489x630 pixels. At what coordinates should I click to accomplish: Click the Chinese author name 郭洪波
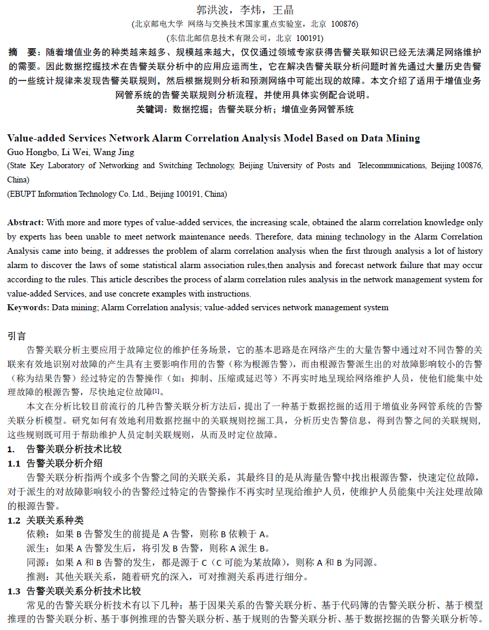point(211,10)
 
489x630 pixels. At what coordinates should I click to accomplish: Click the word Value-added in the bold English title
point(37,138)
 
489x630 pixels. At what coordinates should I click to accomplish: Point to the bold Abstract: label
point(26,222)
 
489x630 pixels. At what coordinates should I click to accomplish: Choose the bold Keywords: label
point(28,307)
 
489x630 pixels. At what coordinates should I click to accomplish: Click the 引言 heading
point(17,336)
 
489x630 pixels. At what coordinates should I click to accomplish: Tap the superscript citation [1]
point(156,390)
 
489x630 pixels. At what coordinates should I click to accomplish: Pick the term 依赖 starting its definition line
point(35,534)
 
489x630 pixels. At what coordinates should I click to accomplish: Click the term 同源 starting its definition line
point(35,562)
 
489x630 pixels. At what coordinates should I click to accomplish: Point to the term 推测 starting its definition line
point(35,577)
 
